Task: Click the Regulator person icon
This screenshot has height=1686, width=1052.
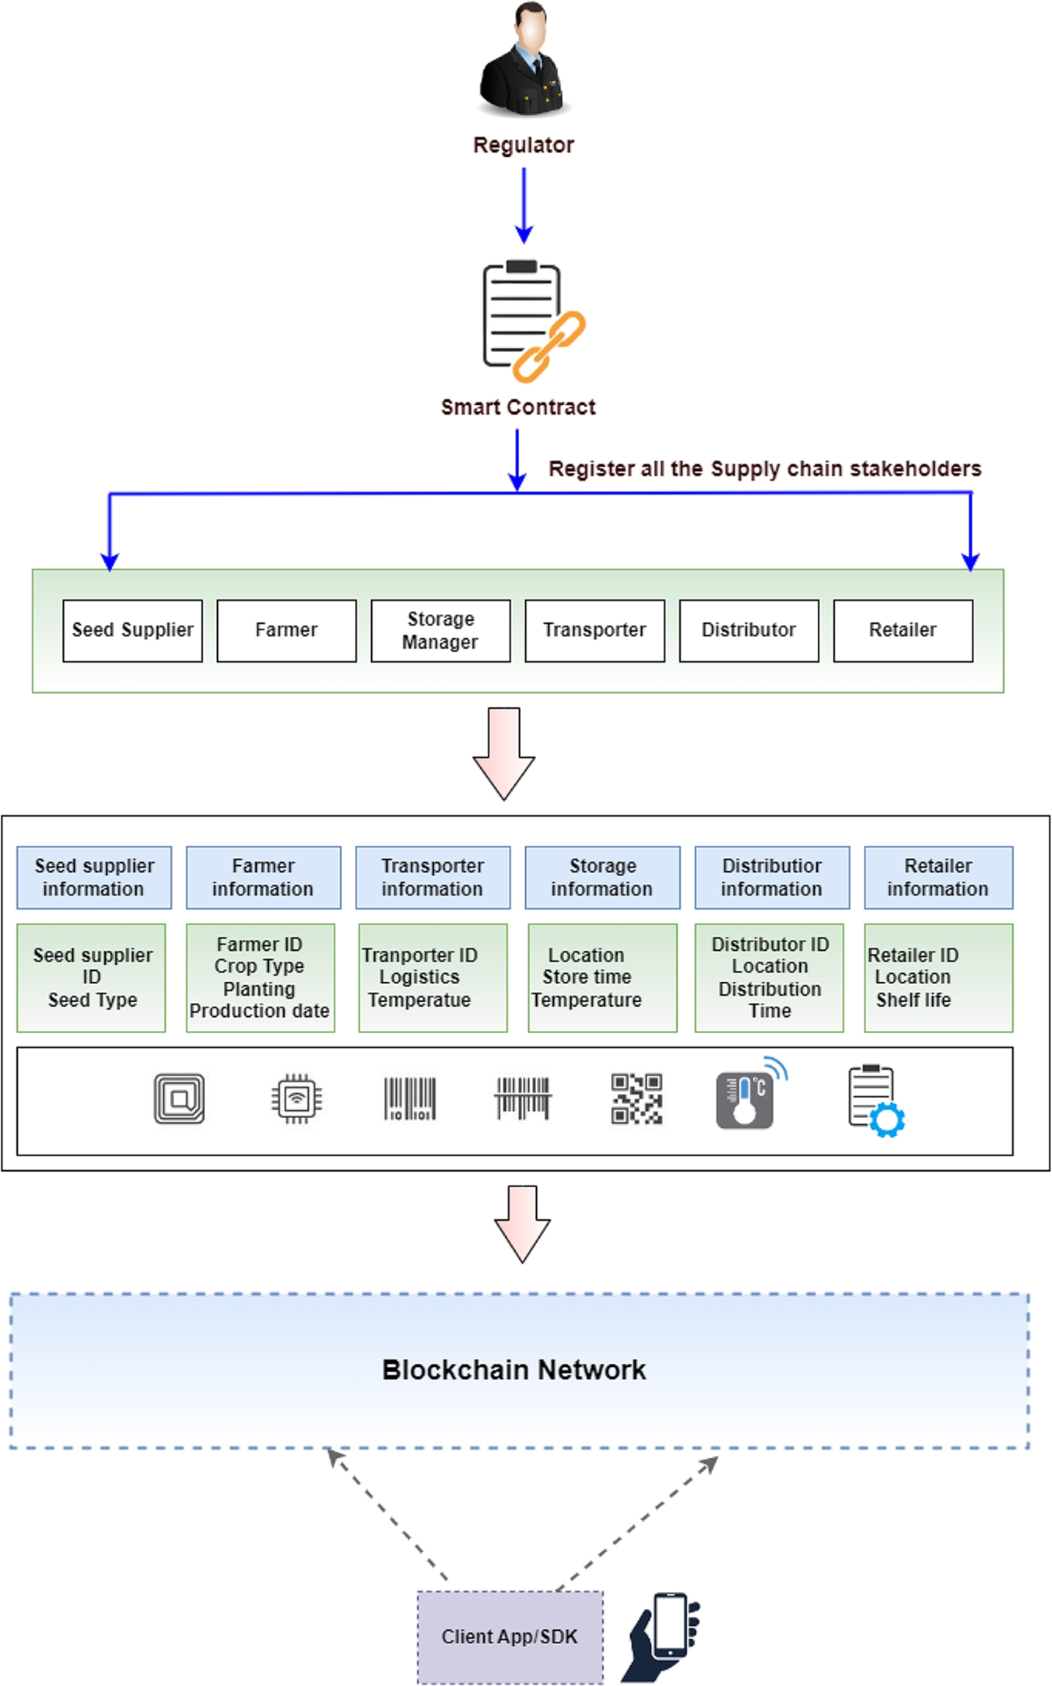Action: (x=524, y=61)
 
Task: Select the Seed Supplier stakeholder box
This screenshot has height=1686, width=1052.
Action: (x=132, y=630)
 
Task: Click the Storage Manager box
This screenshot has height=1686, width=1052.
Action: (x=440, y=630)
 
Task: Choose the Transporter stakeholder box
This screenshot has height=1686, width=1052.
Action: (x=594, y=630)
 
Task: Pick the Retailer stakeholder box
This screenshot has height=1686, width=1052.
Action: (x=902, y=630)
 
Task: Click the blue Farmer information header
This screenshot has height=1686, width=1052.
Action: (x=263, y=877)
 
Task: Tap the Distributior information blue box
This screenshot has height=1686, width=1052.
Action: (x=771, y=877)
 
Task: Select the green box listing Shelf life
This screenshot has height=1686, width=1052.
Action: (x=938, y=978)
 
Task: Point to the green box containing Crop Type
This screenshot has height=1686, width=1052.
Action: (x=260, y=978)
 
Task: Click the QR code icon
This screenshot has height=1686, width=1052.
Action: (x=636, y=1099)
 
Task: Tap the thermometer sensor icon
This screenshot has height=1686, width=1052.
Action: (x=748, y=1096)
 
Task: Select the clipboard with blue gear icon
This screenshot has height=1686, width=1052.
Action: (x=876, y=1101)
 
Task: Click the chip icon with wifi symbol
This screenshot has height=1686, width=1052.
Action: (x=296, y=1099)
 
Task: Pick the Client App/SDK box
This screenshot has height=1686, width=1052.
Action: (x=510, y=1637)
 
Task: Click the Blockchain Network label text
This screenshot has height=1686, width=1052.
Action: (x=514, y=1369)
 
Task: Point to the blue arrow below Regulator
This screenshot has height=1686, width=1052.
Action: (x=523, y=205)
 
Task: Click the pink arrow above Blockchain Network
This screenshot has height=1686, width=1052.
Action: (x=522, y=1224)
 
